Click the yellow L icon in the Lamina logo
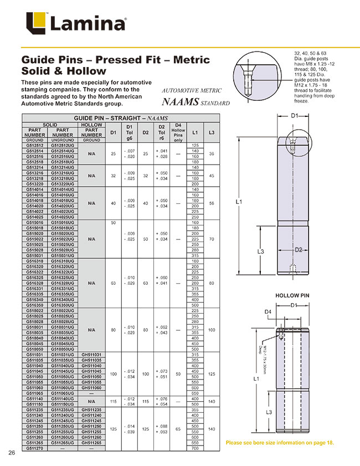(36, 24)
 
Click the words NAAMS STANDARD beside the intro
(196, 103)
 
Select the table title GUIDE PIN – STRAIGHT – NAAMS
(121, 119)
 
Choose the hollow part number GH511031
(91, 355)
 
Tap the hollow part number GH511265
(91, 443)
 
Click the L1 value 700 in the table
(195, 448)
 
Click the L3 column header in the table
(212, 133)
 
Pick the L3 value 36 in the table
(212, 153)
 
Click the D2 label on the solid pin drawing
(298, 249)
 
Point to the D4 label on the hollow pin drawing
(267, 313)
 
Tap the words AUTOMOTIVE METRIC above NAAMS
(191, 90)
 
